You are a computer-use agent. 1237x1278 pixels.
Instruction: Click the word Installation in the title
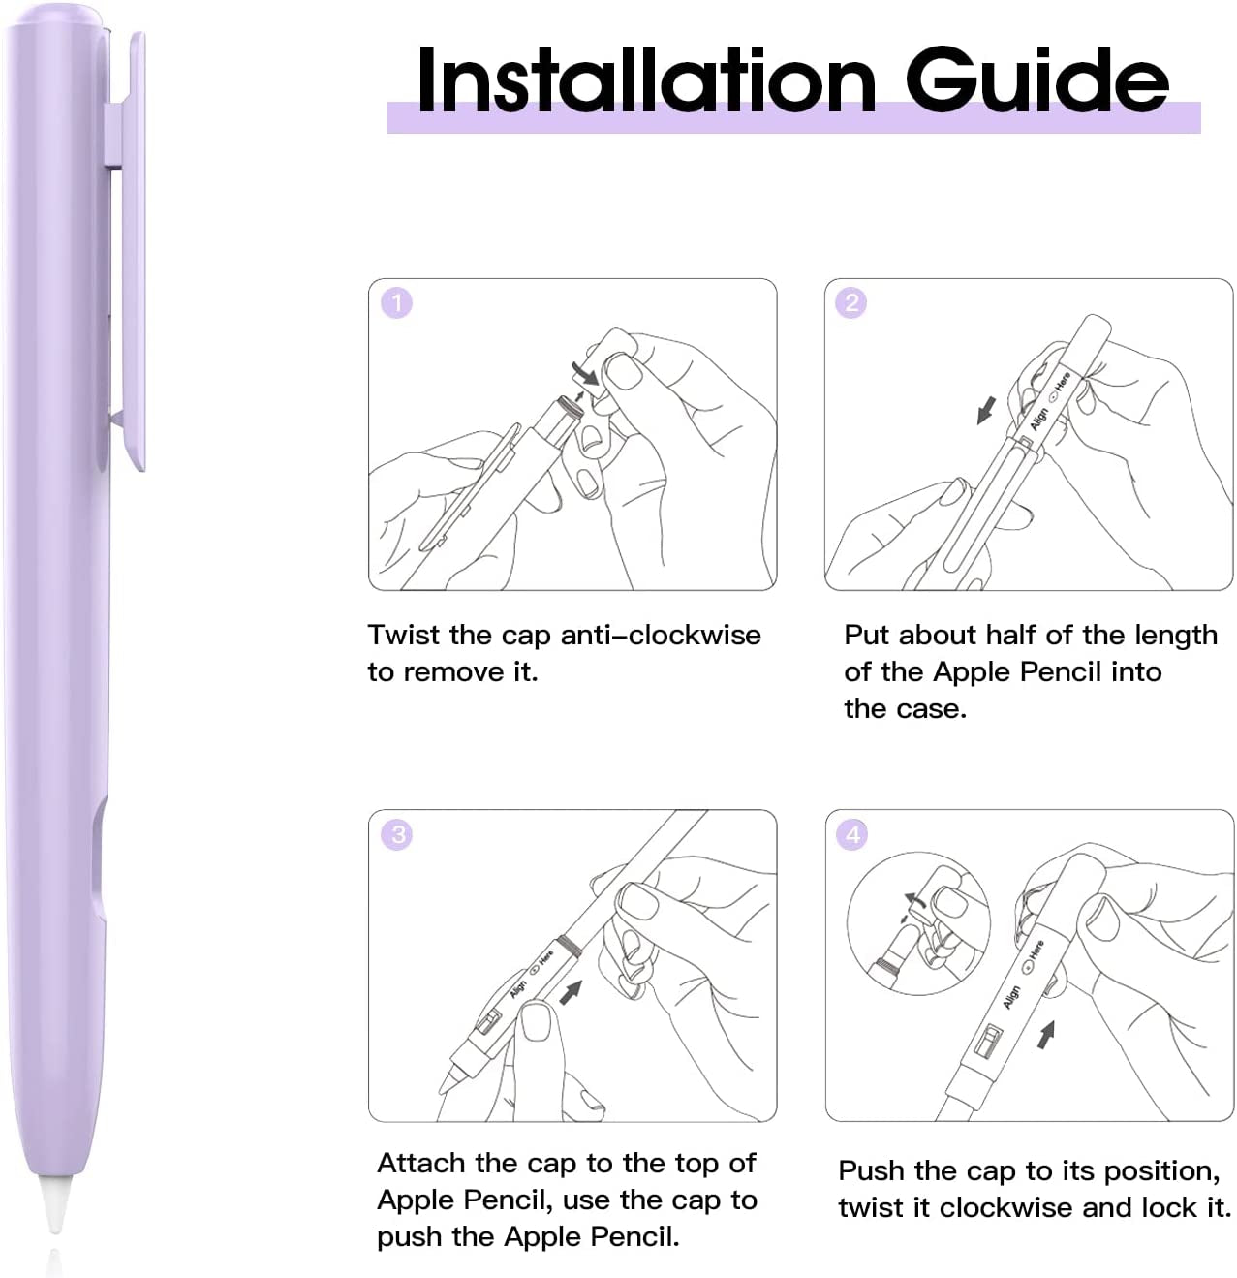pos(646,79)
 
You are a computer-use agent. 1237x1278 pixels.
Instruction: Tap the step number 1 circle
pos(396,303)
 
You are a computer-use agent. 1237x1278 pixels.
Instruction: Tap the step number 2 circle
pos(851,303)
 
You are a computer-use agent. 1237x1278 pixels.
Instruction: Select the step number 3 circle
pos(397,834)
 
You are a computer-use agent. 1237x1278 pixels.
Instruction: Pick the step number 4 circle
pos(852,834)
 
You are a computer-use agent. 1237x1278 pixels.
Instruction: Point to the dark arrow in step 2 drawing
pos(986,411)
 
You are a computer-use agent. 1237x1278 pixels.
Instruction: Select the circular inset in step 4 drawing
pos(917,923)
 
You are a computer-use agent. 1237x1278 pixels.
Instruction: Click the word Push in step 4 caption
pos(872,1171)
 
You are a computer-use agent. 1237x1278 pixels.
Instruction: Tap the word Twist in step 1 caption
pos(404,636)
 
